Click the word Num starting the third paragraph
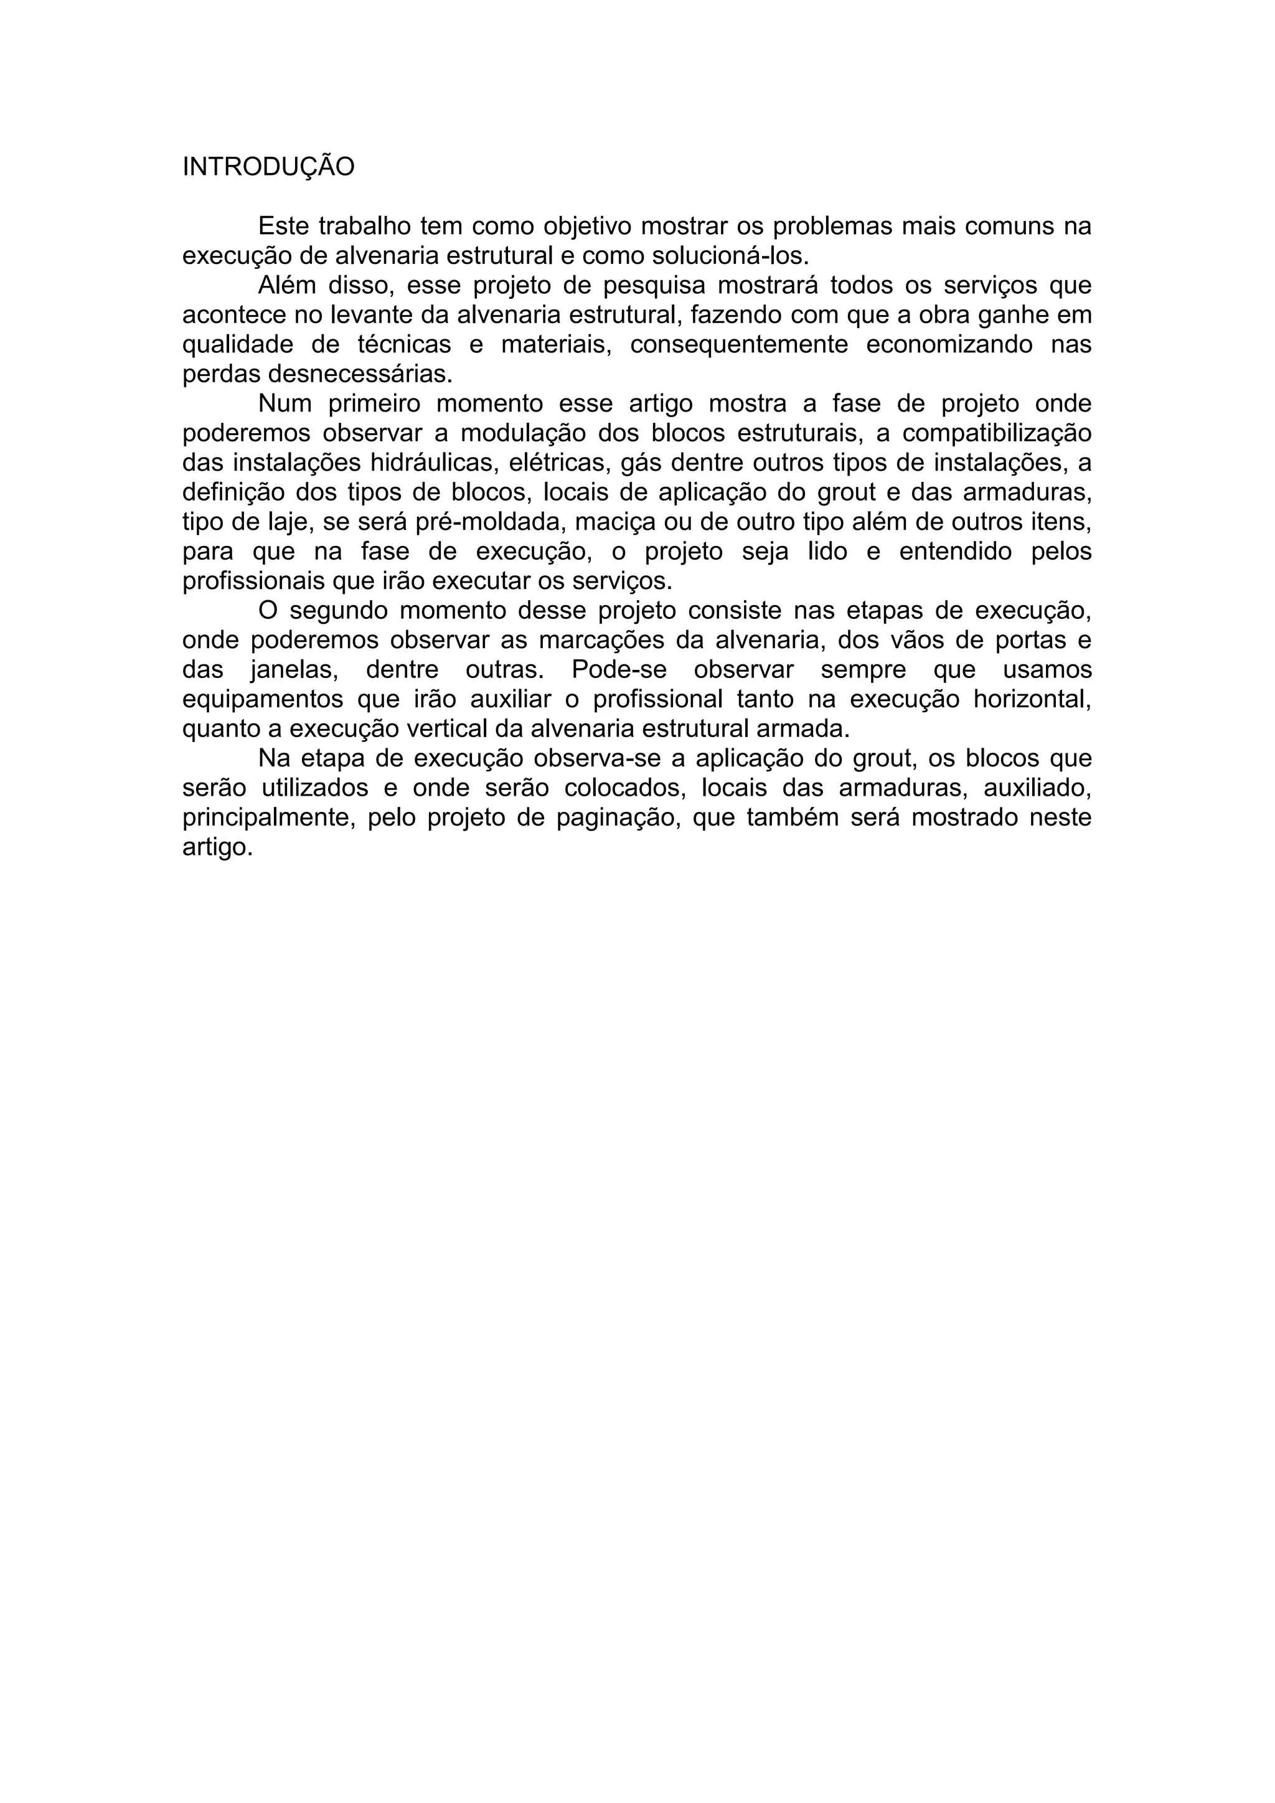tap(285, 403)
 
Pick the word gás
tap(641, 463)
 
